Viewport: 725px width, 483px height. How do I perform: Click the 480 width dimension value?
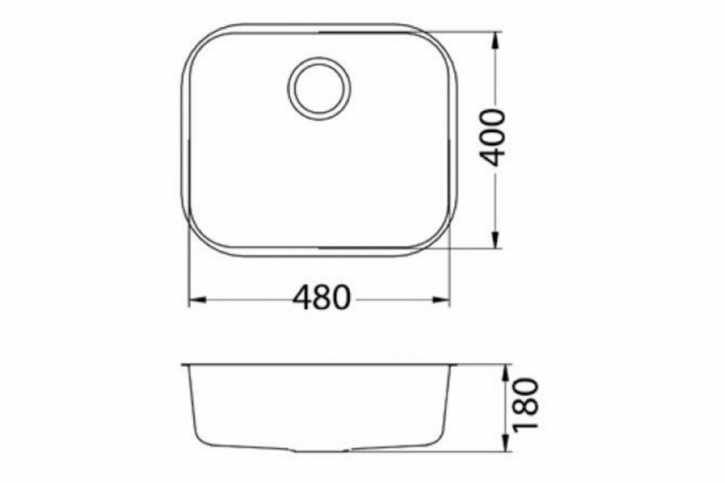[x=320, y=299]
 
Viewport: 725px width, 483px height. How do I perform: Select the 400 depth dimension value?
[x=494, y=137]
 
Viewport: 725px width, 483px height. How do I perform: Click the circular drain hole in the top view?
[x=319, y=88]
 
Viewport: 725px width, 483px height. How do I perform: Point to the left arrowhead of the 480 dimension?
[x=192, y=300]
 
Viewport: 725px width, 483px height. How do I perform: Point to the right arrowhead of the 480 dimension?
[x=446, y=300]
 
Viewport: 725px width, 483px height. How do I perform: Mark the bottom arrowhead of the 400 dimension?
[x=496, y=243]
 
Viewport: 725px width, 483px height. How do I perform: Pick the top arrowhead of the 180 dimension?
[x=507, y=370]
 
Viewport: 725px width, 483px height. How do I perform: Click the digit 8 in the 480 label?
[x=320, y=299]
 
